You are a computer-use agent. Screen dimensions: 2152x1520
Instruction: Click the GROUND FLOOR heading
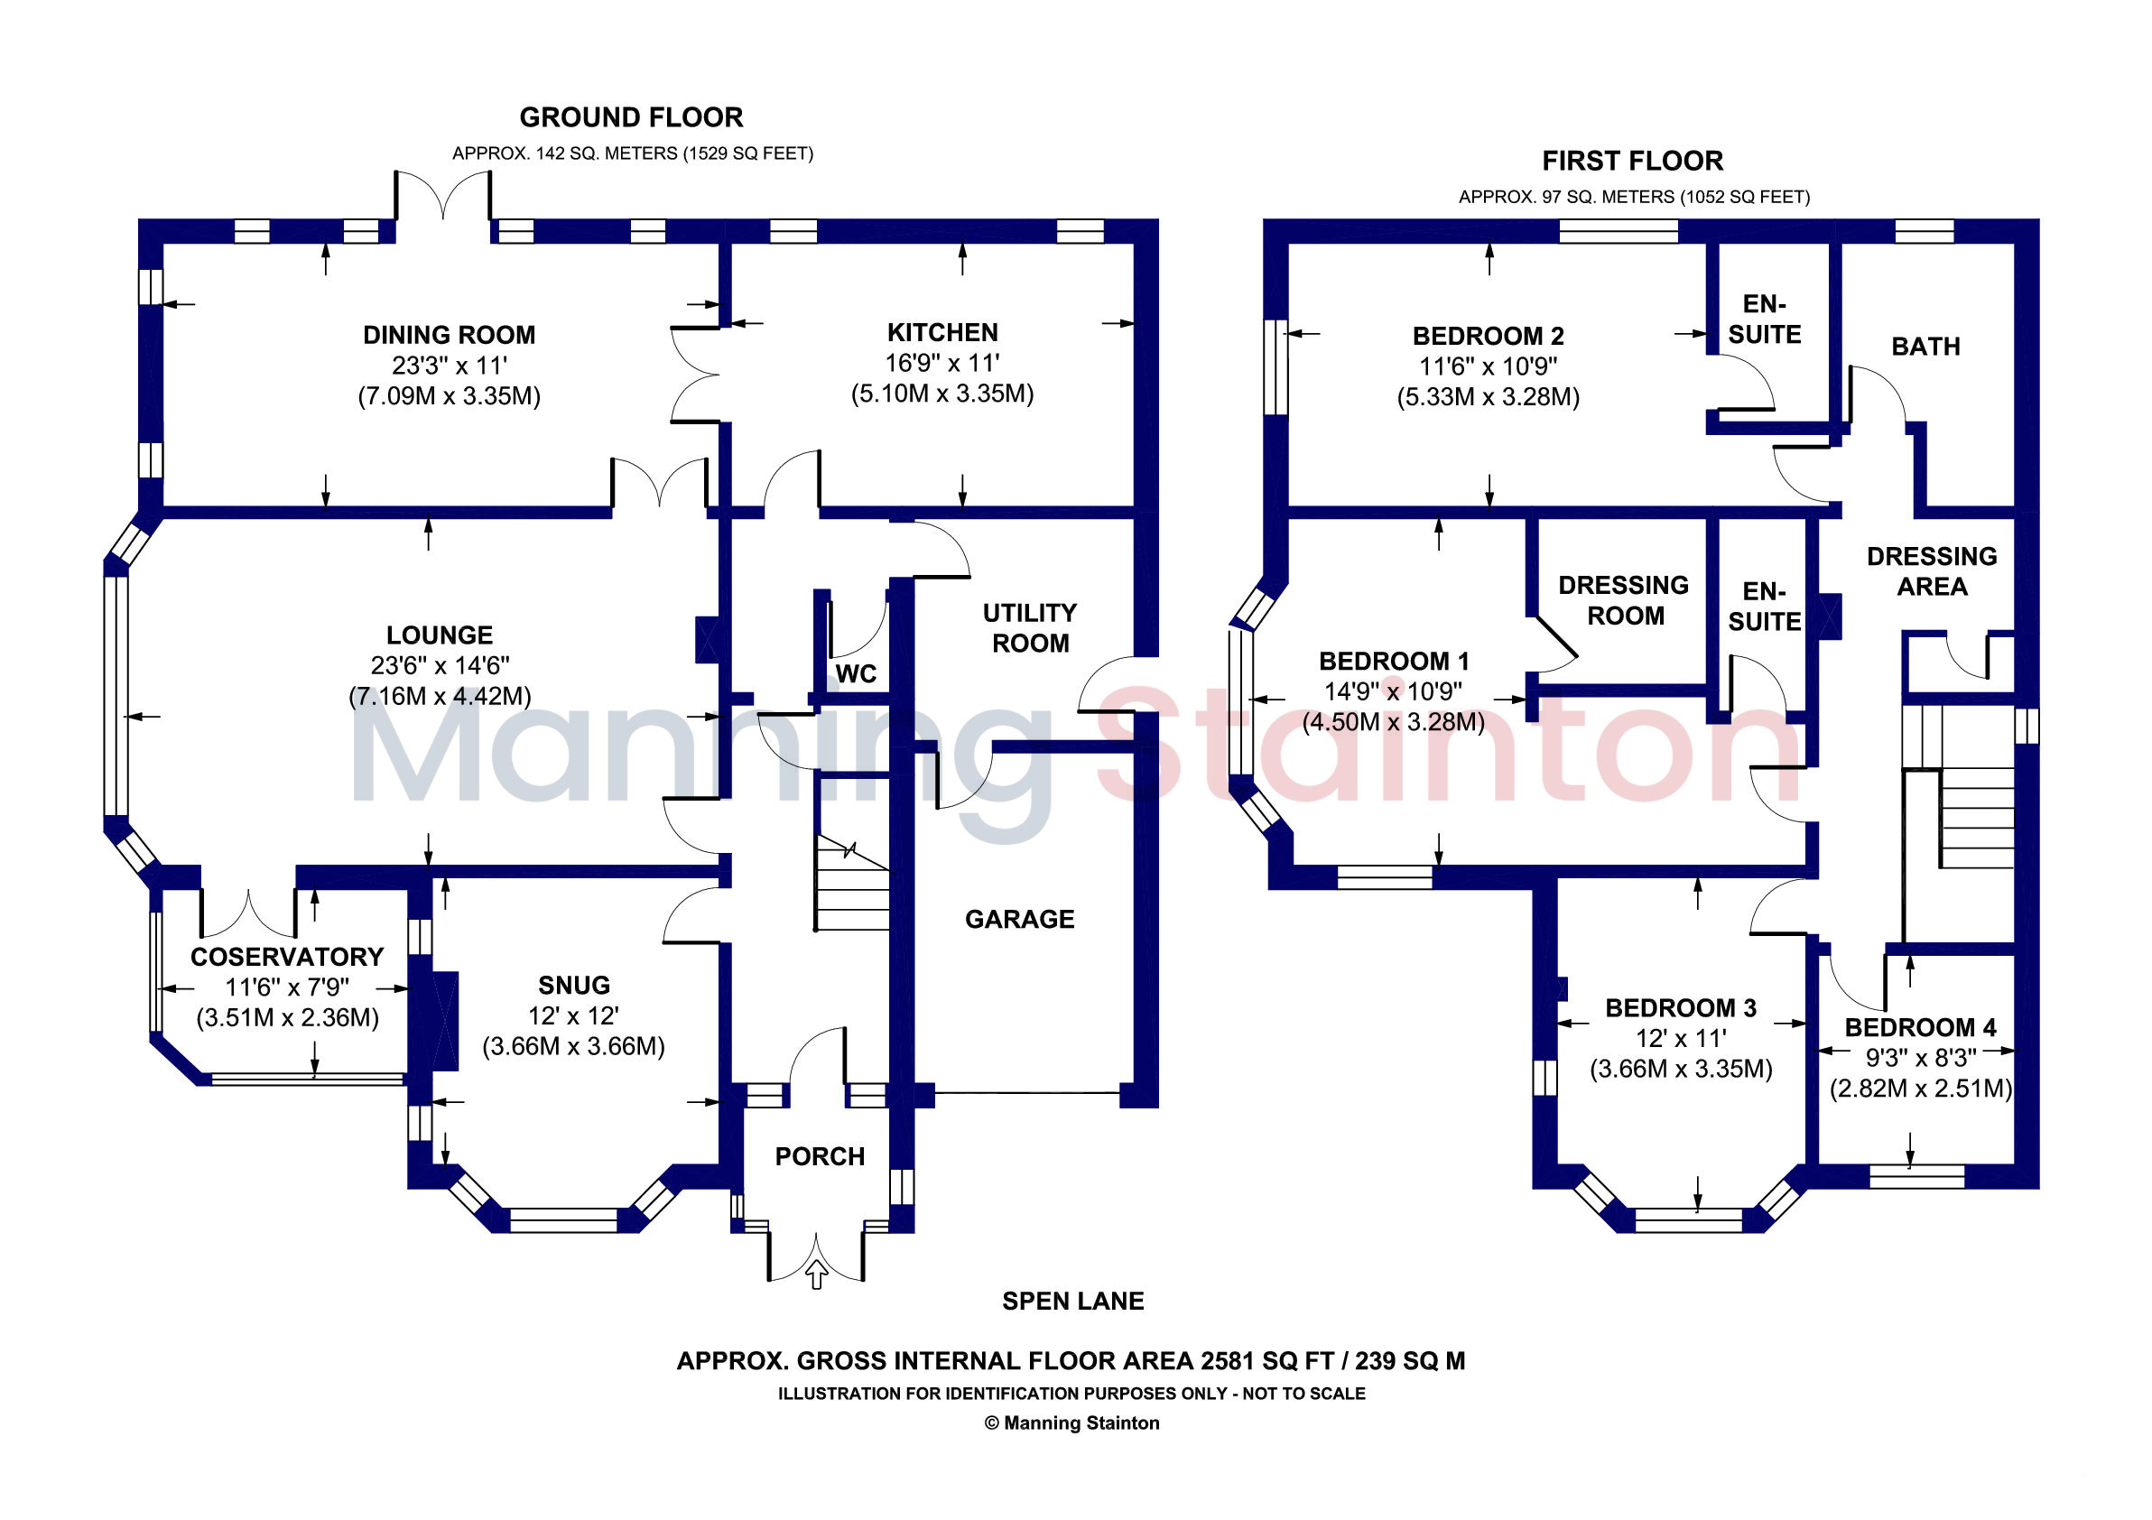(631, 117)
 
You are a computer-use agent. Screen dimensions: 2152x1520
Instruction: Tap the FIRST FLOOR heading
(1632, 162)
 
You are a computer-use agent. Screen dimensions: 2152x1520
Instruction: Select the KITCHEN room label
(942, 333)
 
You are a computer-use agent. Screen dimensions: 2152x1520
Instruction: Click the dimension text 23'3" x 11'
(449, 366)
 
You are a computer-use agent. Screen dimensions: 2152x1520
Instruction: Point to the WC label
(856, 673)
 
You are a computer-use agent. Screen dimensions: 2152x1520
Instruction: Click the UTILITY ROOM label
(1030, 628)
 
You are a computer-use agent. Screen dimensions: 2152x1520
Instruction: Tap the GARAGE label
(1020, 919)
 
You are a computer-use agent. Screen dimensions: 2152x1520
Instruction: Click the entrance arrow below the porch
(817, 1274)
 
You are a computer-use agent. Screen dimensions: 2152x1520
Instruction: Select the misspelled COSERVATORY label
(287, 957)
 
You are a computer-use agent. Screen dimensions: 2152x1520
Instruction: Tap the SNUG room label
(573, 985)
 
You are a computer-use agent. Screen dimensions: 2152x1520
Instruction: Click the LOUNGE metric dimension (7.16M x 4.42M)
(440, 696)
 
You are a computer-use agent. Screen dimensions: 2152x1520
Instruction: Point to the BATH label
(1925, 347)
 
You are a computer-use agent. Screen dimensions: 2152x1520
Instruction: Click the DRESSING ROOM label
(1623, 601)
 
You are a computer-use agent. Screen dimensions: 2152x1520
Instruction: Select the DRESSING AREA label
(1932, 571)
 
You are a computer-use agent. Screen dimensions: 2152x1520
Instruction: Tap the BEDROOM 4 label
(1921, 1027)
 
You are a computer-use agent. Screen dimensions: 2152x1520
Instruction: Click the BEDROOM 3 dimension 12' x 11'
(1681, 1038)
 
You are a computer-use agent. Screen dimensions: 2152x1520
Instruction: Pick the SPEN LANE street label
(1073, 1301)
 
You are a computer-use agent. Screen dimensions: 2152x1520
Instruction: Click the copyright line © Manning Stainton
(1072, 1423)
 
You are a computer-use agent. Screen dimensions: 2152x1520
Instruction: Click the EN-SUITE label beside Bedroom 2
(1764, 320)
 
